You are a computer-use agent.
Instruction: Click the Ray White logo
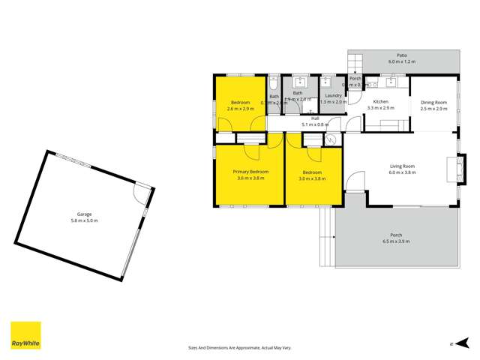click(x=25, y=335)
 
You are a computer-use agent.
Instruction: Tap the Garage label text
click(x=84, y=213)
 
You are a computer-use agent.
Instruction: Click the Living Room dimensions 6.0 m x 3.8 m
click(x=402, y=172)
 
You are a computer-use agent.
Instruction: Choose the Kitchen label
click(x=381, y=101)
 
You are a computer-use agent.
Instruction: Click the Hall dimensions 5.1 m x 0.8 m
click(x=315, y=124)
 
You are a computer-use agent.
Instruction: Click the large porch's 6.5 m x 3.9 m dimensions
click(x=397, y=241)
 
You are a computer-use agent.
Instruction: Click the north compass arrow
click(x=453, y=343)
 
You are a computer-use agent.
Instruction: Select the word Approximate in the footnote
click(x=244, y=347)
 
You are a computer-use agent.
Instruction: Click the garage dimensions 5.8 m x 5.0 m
click(x=84, y=220)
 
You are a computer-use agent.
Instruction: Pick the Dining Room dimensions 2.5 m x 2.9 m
click(x=433, y=109)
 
